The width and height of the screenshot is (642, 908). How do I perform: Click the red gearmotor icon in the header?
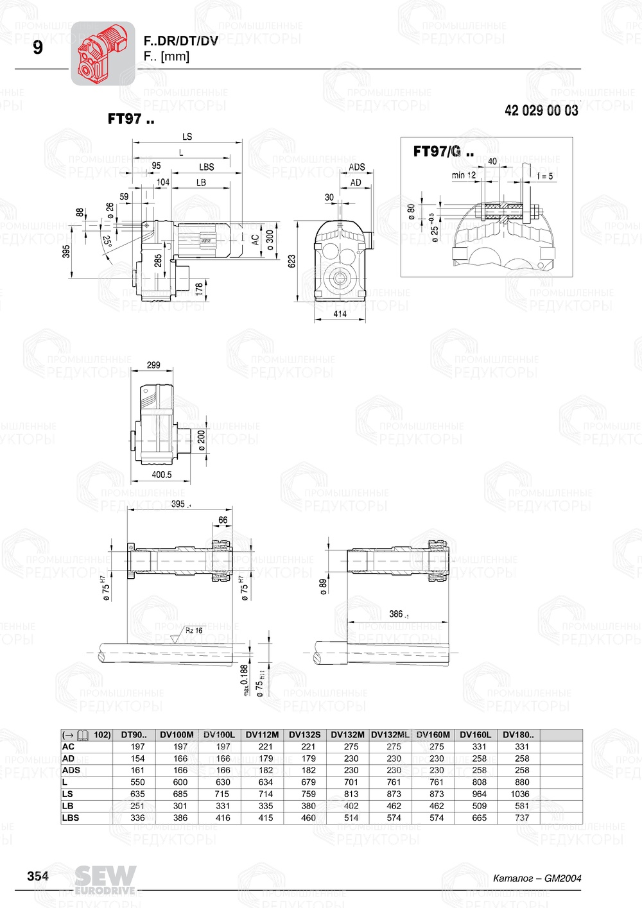pos(102,53)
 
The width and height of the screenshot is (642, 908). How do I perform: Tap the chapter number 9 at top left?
pos(38,48)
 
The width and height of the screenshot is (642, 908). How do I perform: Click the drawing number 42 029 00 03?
pos(541,110)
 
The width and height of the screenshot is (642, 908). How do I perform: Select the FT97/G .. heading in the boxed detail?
pos(443,151)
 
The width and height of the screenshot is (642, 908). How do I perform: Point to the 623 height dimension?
pos(292,261)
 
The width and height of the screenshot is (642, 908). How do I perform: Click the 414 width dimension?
pos(340,314)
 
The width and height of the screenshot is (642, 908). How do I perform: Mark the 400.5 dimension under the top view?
pos(161,475)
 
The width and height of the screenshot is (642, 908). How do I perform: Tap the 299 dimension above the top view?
pos(153,365)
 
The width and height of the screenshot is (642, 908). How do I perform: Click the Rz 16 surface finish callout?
pos(193,630)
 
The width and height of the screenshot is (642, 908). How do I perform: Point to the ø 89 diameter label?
pos(324,586)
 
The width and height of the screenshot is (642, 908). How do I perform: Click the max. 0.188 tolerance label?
pos(244,680)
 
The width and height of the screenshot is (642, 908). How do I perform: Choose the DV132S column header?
pos(304,735)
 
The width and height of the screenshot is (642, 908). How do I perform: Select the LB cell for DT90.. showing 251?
pos(137,806)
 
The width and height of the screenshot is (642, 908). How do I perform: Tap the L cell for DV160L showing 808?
pos(479,782)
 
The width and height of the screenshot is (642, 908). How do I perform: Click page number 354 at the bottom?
pos(38,876)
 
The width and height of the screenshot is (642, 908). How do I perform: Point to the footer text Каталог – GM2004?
pos(537,878)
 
